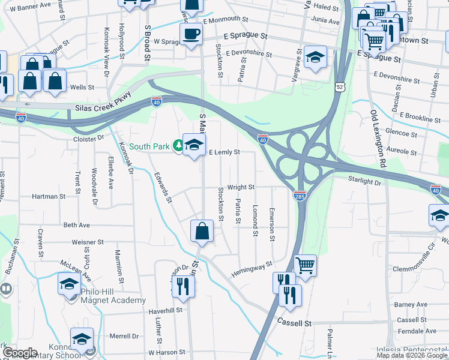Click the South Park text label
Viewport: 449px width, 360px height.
[149, 146]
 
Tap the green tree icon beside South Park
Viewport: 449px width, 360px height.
[178, 146]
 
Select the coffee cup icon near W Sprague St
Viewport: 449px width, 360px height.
[191, 34]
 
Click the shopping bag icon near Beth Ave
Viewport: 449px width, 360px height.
[202, 230]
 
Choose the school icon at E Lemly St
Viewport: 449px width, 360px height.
[194, 145]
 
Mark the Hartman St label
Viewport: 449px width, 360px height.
[49, 196]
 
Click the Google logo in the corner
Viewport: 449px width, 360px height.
[20, 353]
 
